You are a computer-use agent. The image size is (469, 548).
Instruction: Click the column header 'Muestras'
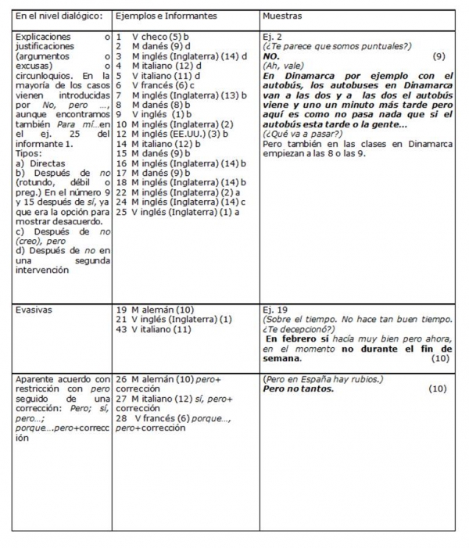[283, 16]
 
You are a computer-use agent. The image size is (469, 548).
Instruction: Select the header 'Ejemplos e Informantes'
[166, 16]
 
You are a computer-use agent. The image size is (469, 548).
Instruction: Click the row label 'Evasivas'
[36, 310]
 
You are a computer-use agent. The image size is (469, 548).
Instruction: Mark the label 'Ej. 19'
[276, 310]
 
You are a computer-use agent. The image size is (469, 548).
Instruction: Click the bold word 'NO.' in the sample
[272, 56]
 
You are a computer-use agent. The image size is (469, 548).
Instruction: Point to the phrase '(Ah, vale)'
[285, 66]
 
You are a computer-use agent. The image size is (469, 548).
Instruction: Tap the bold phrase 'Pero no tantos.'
[300, 389]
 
